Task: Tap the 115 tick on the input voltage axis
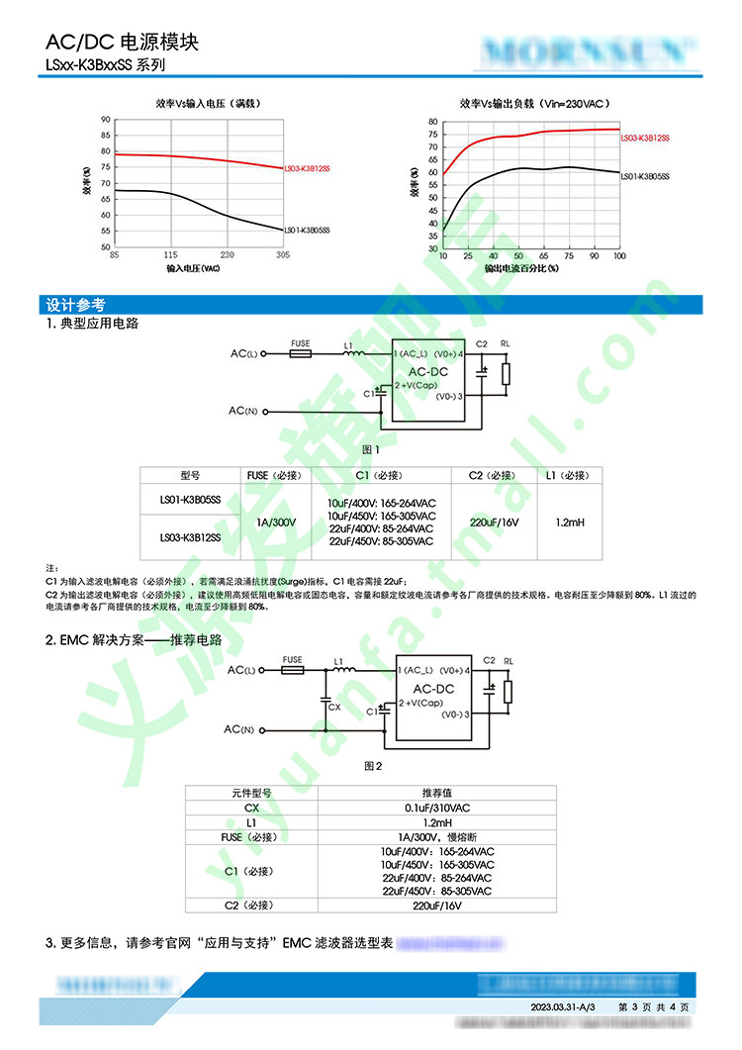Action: point(171,255)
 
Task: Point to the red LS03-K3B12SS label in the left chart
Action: point(307,169)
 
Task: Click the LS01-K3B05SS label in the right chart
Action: point(645,176)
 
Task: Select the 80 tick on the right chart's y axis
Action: point(432,122)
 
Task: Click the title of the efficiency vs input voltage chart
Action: point(200,103)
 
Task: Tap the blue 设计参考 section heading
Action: point(75,304)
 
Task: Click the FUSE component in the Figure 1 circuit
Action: point(300,353)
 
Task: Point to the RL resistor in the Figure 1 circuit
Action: point(506,373)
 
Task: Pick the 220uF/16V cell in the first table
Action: point(494,522)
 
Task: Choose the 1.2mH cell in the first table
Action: point(571,522)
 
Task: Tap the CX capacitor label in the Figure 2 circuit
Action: point(333,708)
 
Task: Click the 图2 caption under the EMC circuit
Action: point(373,766)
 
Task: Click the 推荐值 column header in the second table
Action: point(437,794)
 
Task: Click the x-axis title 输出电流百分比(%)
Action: point(521,268)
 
